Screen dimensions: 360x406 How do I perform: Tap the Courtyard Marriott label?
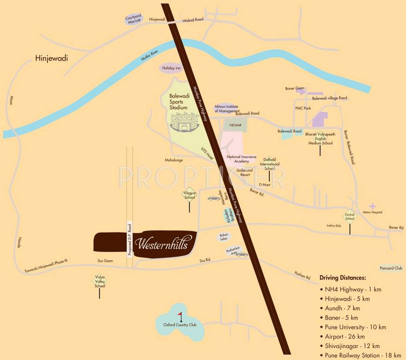[x=133, y=20]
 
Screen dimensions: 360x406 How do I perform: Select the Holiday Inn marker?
[x=171, y=68]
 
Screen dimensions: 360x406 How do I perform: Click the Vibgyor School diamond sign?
[x=189, y=195]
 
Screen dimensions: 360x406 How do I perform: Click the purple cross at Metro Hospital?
[x=372, y=206]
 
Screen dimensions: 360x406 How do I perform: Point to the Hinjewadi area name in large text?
[x=52, y=59]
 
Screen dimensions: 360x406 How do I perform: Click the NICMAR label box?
[x=235, y=126]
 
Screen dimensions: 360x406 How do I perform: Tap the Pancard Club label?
[x=391, y=268]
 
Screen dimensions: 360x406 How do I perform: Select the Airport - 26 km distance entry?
[x=345, y=337]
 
